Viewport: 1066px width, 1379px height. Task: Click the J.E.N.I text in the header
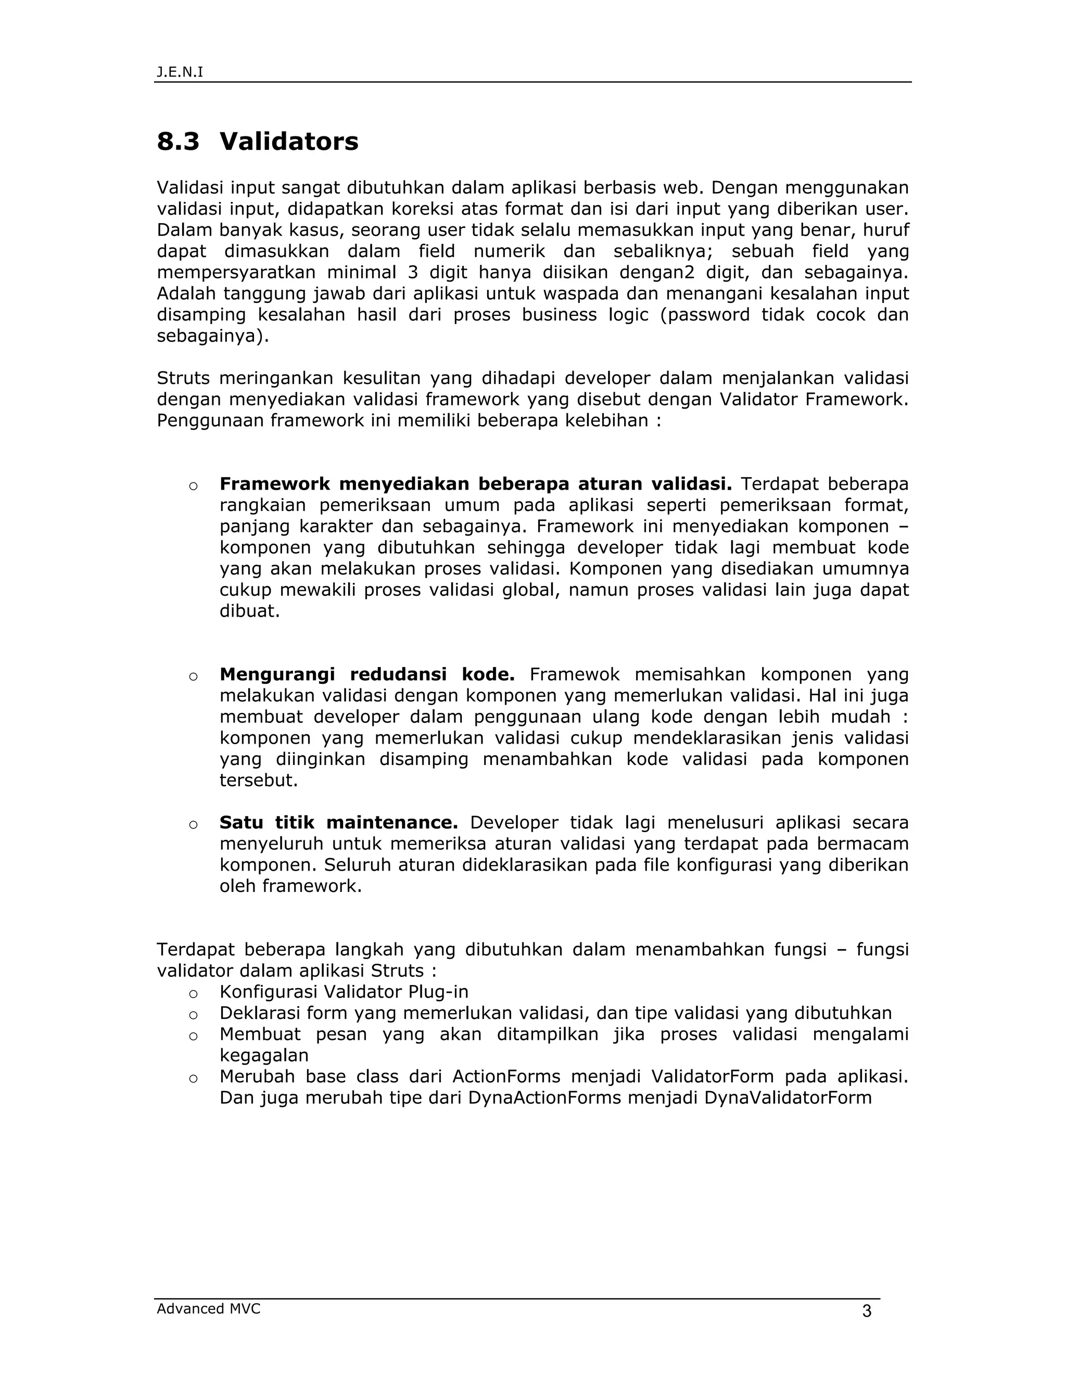[180, 72]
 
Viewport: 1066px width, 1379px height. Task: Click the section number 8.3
[178, 142]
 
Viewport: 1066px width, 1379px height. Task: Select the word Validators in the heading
[288, 142]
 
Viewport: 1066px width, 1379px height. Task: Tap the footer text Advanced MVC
[208, 1308]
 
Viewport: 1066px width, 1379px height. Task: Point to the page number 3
[867, 1311]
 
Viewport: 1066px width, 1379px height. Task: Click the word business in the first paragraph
[559, 314]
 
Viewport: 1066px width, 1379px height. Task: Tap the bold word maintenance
[391, 822]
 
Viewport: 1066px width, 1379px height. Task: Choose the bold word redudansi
[398, 674]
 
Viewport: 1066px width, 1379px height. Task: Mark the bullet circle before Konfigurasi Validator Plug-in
[193, 993]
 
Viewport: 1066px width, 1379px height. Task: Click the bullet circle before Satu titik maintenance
[193, 824]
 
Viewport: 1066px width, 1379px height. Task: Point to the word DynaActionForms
[545, 1097]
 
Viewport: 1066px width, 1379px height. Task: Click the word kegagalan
[264, 1055]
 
